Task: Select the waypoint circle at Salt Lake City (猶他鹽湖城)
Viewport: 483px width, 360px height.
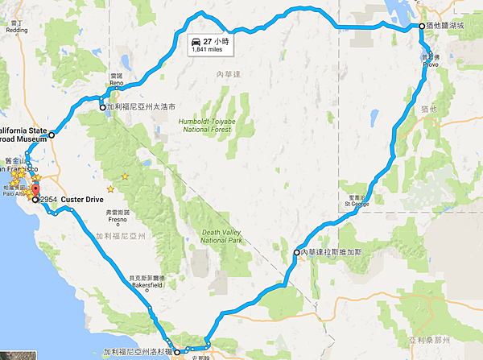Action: pos(422,27)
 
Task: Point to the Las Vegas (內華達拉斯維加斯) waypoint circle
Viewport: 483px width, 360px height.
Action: pos(296,253)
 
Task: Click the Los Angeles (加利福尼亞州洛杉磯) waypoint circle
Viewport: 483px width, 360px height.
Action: pos(178,352)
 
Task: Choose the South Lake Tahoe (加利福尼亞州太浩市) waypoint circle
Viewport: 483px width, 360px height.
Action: pos(102,107)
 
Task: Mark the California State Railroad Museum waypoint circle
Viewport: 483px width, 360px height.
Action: pos(51,135)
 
